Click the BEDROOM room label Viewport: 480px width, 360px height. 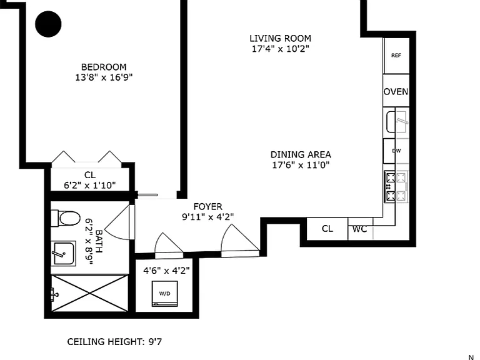(x=104, y=67)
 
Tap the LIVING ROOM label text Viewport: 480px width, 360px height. (x=281, y=38)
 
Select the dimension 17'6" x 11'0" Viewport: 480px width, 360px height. (x=301, y=165)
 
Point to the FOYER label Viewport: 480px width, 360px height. (x=208, y=207)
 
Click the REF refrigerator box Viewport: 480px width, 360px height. (x=396, y=56)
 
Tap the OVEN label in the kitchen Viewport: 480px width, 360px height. (x=396, y=91)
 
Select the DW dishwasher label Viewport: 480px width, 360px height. (x=396, y=151)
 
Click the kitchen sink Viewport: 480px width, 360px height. (x=397, y=122)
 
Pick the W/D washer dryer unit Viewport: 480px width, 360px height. (x=165, y=294)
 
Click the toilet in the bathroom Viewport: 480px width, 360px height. (x=66, y=218)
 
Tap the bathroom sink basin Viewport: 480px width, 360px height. (x=64, y=254)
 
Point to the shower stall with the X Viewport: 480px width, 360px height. (x=89, y=293)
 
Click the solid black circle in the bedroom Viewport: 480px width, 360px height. (x=48, y=24)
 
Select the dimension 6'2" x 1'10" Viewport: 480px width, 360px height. (x=90, y=185)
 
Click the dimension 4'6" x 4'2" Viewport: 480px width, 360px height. (x=166, y=271)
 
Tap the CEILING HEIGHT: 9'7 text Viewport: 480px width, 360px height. (x=114, y=342)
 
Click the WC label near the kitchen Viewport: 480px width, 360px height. (x=360, y=229)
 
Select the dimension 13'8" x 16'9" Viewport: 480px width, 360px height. (x=104, y=77)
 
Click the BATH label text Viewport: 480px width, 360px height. (x=99, y=241)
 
